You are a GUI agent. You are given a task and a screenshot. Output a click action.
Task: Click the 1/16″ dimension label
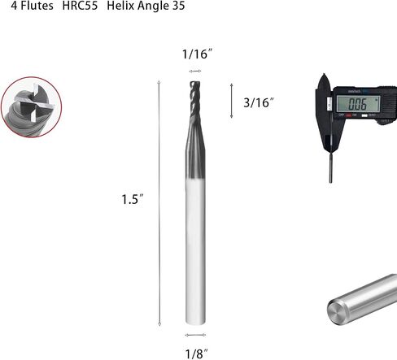[197, 54]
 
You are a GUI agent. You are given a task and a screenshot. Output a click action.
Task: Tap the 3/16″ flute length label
[259, 102]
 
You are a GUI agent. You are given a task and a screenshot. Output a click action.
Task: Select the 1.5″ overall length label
[132, 199]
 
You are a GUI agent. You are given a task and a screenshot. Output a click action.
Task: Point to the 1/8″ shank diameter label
[196, 353]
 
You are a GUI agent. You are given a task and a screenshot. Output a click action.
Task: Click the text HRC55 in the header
[80, 6]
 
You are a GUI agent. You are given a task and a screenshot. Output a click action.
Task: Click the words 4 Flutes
[32, 6]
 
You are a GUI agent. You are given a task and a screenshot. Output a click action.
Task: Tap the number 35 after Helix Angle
[178, 6]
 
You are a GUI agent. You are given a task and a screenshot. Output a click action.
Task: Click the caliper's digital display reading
[357, 104]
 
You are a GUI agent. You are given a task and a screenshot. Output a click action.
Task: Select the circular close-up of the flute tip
[31, 107]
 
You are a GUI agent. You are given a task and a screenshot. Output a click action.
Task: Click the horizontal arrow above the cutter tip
[195, 72]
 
